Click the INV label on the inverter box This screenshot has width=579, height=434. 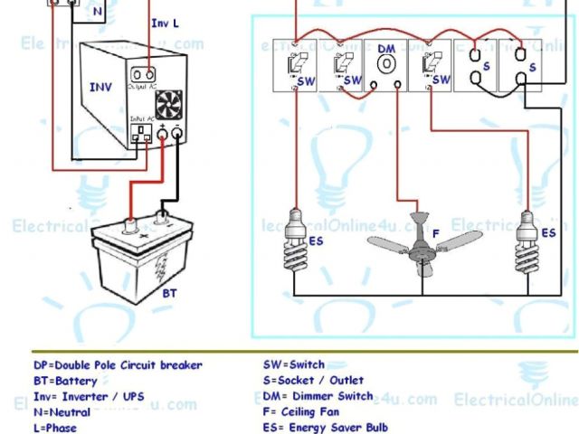(100, 88)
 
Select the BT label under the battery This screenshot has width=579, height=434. (169, 295)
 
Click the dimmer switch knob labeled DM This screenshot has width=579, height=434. (387, 66)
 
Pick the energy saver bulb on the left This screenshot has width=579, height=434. (296, 232)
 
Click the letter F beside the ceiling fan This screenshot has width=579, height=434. (435, 234)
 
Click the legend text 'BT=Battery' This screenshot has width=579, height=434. (67, 382)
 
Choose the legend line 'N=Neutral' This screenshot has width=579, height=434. (63, 412)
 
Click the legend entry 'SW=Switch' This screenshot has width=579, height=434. (294, 365)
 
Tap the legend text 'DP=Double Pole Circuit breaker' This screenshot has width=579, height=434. (118, 365)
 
